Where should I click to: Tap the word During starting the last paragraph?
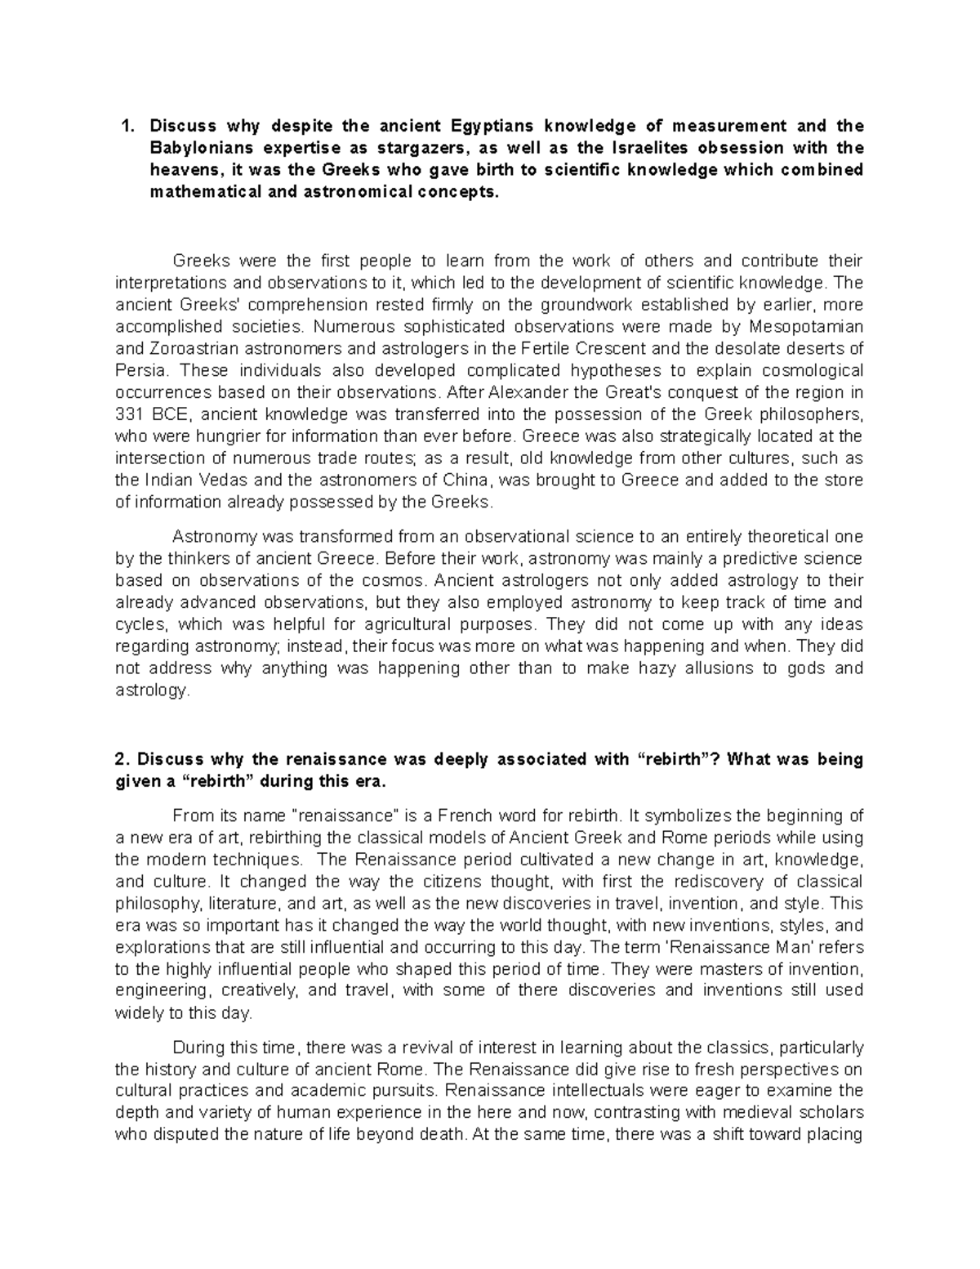(x=198, y=1048)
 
